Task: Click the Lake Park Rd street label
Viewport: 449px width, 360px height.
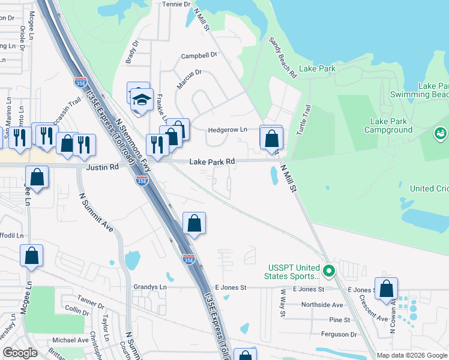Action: [212, 162]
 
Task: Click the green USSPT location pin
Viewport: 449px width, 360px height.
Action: [328, 271]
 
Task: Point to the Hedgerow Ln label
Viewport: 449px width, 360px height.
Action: [228, 130]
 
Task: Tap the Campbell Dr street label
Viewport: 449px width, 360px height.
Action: [199, 56]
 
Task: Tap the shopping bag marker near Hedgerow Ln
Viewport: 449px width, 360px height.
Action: [271, 139]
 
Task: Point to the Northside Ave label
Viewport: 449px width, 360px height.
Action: [322, 305]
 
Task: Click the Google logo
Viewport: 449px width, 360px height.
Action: [20, 353]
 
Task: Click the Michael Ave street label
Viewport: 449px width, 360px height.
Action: [70, 340]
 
